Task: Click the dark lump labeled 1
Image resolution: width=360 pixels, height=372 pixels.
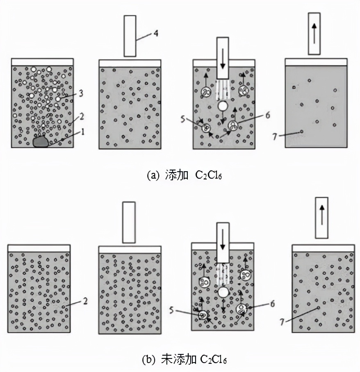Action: (x=40, y=141)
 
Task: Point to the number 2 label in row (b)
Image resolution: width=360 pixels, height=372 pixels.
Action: (x=85, y=302)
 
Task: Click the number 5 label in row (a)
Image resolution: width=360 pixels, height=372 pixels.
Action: (x=183, y=119)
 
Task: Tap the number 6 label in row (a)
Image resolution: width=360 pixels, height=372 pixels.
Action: (x=267, y=115)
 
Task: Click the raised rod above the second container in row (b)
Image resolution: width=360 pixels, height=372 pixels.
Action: (x=129, y=222)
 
